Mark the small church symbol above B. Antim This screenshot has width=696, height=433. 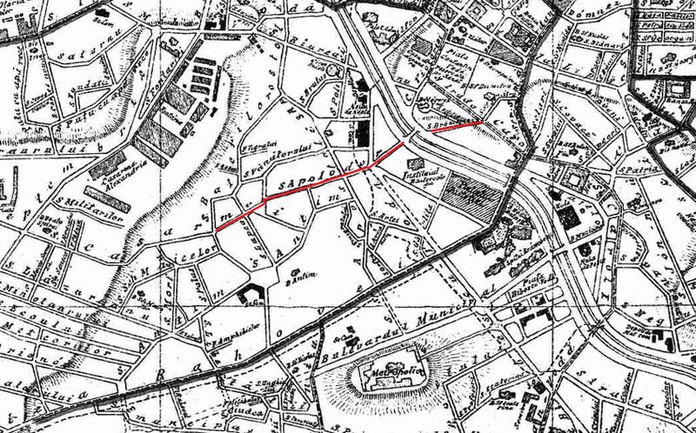point(298,271)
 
